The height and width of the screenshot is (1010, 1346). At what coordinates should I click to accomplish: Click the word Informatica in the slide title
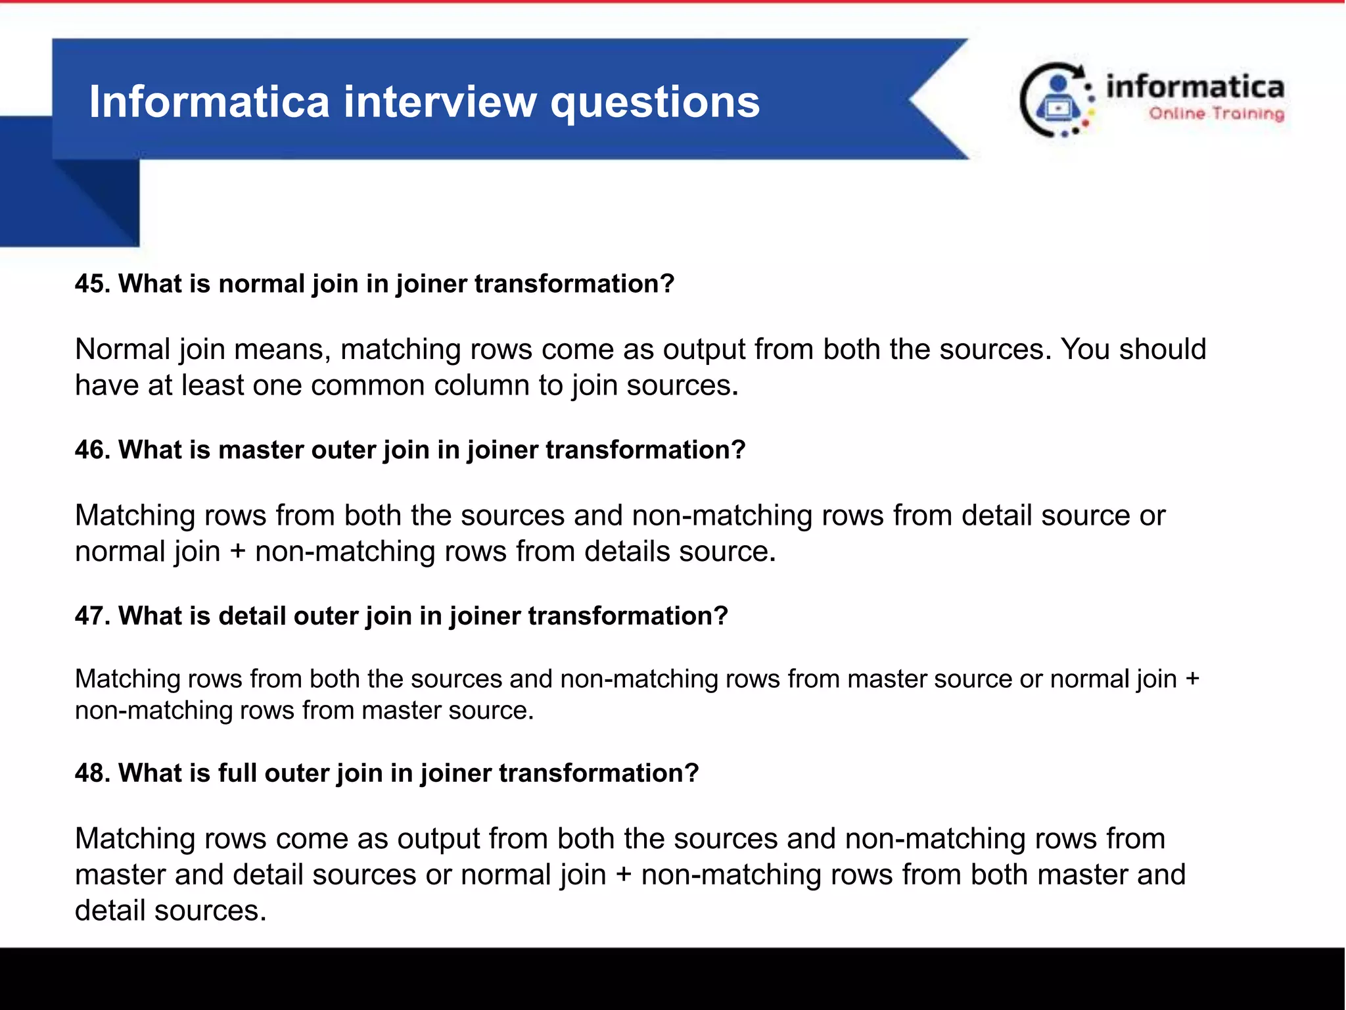point(209,102)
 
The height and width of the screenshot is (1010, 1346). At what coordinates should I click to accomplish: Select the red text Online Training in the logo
point(1216,114)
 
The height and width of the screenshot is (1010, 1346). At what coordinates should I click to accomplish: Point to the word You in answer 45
point(1085,349)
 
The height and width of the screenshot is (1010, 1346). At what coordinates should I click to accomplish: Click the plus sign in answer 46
point(238,552)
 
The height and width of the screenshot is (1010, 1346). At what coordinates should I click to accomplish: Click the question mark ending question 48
point(691,773)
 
